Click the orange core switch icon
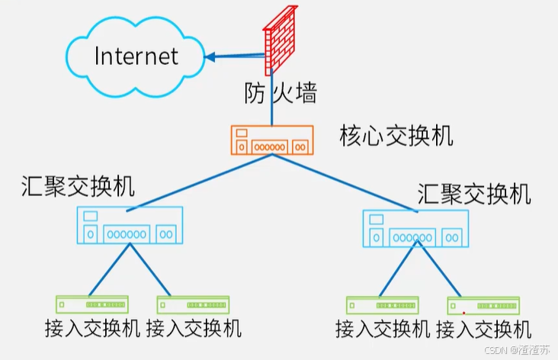pos(271,140)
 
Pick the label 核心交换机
pos(396,137)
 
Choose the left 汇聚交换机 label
pos(79,186)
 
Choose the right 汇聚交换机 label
pos(474,194)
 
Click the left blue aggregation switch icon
pos(130,225)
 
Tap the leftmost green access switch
pos(91,305)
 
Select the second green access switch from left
pos(193,305)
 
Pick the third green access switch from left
pos(383,306)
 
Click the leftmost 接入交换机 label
pos(92,329)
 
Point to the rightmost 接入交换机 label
pos(484,329)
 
